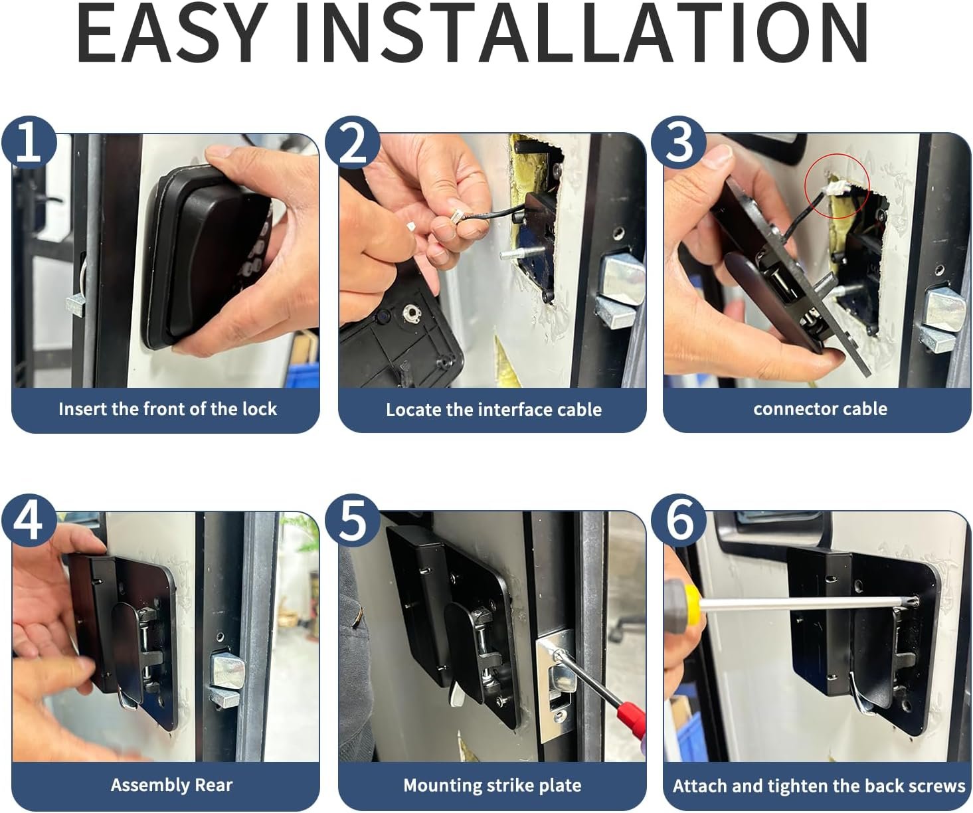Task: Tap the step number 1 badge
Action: click(29, 143)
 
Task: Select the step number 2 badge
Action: click(352, 143)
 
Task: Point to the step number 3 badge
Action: click(678, 143)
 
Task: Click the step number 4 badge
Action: click(29, 521)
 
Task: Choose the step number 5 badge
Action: click(352, 521)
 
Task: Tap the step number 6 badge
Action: click(678, 521)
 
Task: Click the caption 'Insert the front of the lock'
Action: click(168, 409)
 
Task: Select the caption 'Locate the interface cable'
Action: click(494, 409)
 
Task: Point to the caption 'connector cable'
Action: click(820, 409)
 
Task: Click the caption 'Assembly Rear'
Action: click(171, 786)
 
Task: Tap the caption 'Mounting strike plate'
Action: click(493, 786)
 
